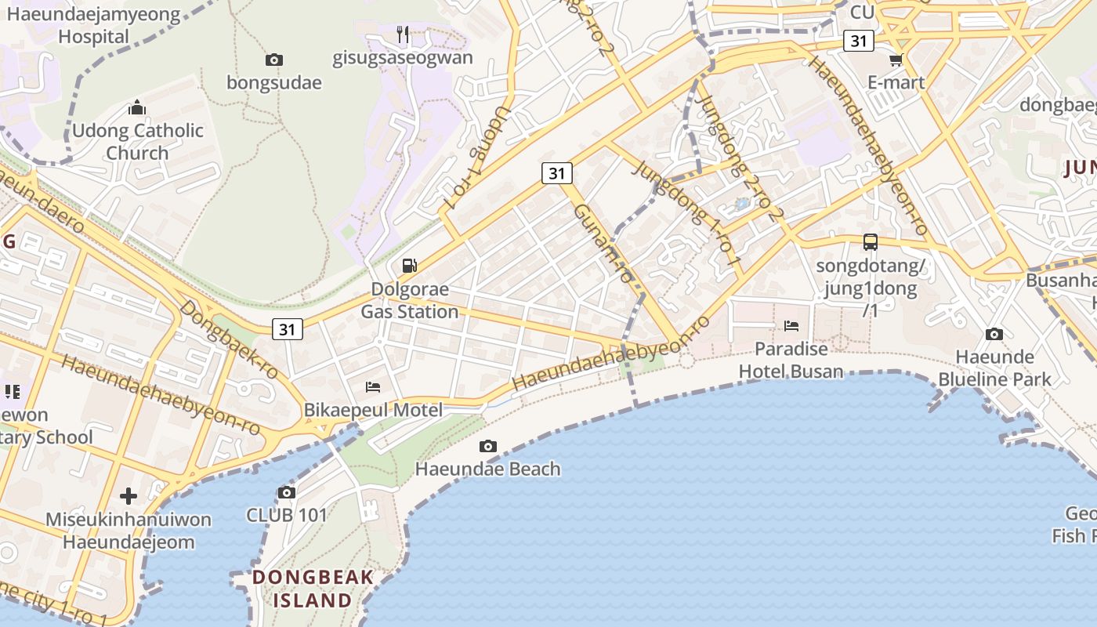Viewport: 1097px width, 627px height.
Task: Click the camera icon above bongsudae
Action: coord(273,60)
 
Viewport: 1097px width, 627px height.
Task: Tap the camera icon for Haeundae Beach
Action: coord(488,446)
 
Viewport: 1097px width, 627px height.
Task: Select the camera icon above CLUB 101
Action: coord(287,492)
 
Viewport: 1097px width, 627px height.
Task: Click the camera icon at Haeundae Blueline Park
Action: coord(994,335)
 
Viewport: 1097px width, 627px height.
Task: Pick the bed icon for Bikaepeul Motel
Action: coord(373,386)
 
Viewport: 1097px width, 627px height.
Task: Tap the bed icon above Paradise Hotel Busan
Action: coord(791,325)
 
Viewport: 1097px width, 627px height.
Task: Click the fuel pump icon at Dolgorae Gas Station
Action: coord(410,266)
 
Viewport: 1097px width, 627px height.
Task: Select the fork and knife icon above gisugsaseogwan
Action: coord(403,34)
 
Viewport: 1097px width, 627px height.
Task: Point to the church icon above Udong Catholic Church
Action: coord(137,107)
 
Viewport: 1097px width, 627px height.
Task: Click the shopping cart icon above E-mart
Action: coord(896,60)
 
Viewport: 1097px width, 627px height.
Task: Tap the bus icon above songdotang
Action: coord(871,241)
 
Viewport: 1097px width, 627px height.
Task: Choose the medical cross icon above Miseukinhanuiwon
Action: coord(129,495)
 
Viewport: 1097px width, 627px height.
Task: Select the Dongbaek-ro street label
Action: coord(228,339)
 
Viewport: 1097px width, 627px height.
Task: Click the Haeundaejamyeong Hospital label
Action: coord(93,26)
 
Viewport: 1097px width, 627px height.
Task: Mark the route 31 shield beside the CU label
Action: coord(859,40)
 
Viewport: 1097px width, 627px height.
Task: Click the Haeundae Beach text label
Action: coord(488,469)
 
